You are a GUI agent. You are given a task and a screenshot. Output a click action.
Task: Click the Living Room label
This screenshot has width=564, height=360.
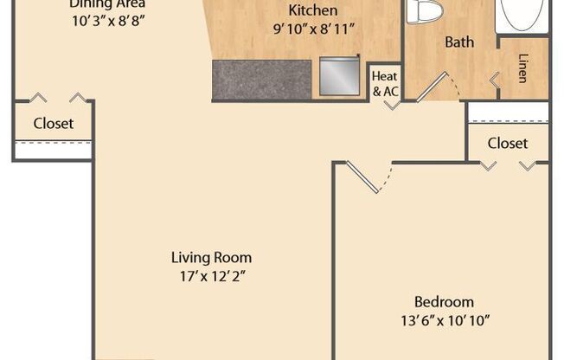211,257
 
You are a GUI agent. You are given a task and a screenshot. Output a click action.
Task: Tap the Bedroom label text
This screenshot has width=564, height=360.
444,302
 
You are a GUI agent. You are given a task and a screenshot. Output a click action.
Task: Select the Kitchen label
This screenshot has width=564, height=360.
312,10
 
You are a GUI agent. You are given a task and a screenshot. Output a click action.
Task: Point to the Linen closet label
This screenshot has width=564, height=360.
523,68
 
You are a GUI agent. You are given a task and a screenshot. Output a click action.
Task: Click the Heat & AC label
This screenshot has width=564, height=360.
385,82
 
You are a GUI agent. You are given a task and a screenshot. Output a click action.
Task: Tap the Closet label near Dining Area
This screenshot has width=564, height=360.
53,123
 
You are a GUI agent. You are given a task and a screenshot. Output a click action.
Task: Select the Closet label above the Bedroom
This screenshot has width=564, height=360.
507,143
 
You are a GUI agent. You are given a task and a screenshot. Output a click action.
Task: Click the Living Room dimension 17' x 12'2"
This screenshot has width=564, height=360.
211,276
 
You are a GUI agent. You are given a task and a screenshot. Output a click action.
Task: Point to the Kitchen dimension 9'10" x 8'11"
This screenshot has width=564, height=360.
312,29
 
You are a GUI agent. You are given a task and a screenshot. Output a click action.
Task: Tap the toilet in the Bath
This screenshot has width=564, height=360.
424,10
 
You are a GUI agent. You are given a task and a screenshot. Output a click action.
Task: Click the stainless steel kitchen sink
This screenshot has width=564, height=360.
339,76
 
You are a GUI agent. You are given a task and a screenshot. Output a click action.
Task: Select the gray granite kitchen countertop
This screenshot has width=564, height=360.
261,80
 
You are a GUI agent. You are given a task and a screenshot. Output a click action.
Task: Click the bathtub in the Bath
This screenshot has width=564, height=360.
523,15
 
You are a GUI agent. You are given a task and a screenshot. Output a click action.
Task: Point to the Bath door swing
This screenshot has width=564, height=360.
437,87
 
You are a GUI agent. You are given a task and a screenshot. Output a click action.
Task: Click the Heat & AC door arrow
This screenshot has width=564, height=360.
393,105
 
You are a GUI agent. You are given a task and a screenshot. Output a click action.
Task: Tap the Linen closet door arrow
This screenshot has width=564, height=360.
495,80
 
